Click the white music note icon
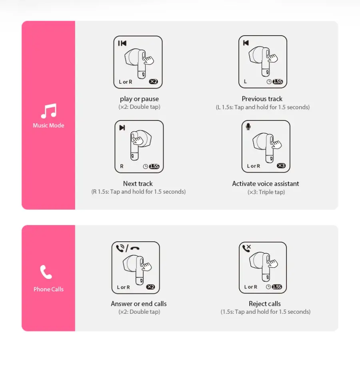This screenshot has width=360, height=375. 49,111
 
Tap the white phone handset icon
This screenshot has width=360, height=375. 46,272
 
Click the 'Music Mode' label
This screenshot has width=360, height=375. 48,125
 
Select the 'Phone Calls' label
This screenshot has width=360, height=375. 48,289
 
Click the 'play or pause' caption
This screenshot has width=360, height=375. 139,99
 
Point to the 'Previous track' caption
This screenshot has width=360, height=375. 262,99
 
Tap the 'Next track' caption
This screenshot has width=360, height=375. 138,184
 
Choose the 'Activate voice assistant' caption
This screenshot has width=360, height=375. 266,184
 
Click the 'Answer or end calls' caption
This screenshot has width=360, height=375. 139,304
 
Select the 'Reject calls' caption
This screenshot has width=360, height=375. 265,304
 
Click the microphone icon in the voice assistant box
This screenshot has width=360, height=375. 248,127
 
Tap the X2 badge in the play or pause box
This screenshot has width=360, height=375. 154,82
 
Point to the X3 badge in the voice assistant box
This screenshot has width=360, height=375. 281,166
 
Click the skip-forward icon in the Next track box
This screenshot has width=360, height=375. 122,128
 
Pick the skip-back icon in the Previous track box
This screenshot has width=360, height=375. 246,43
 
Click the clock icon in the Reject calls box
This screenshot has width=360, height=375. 268,287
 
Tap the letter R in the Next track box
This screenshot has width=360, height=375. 122,166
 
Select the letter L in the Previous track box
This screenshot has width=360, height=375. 245,82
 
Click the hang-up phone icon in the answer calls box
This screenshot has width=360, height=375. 135,249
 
